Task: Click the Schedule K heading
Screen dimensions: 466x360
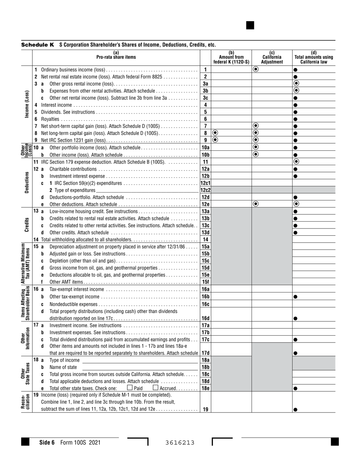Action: point(37,45)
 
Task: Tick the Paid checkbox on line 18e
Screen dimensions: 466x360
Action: point(130,388)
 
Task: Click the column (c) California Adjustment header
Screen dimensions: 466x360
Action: point(272,57)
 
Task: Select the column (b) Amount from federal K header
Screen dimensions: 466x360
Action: point(231,57)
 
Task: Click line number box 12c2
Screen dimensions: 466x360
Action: point(205,190)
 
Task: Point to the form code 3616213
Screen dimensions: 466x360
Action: point(180,443)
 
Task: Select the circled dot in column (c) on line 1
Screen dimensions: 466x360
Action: point(256,69)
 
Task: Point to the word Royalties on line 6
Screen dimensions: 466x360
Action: point(50,119)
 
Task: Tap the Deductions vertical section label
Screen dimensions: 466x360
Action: point(27,183)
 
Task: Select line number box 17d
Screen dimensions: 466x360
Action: point(205,353)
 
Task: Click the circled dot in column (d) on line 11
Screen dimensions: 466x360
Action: point(296,162)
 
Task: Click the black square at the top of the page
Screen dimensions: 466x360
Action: point(250,25)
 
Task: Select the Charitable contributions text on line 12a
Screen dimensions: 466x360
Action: point(73,169)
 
